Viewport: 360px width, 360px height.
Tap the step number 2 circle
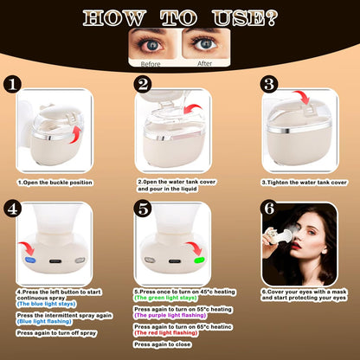pos(144,85)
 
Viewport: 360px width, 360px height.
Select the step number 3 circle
pos(268,85)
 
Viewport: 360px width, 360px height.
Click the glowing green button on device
pos(199,259)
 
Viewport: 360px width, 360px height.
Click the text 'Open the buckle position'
pos(59,183)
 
